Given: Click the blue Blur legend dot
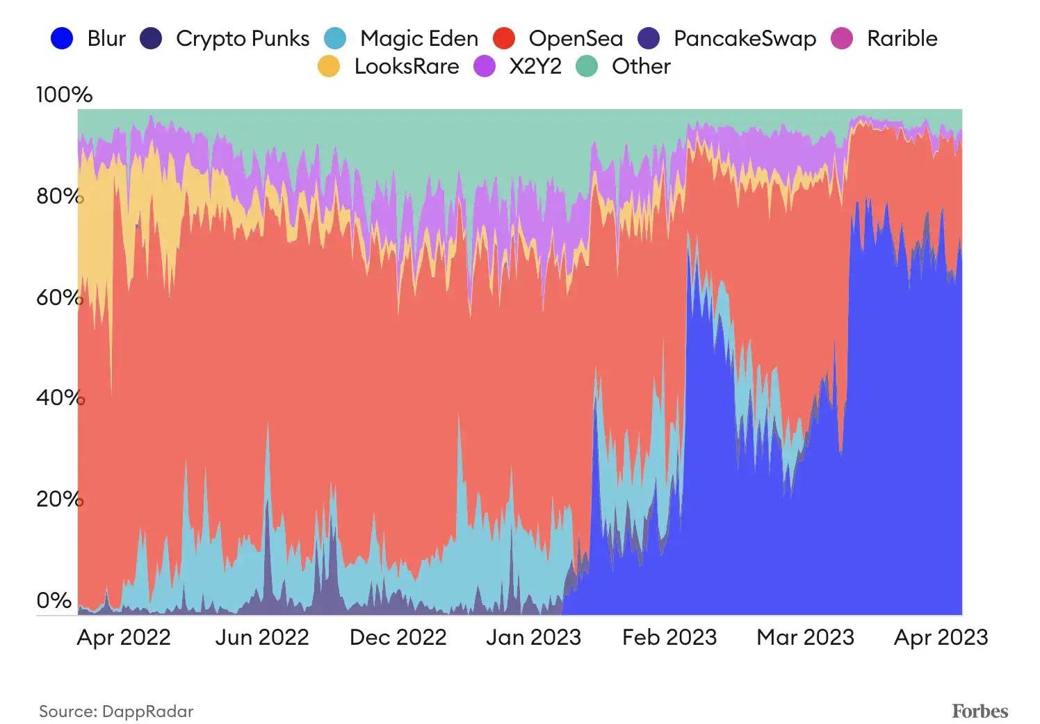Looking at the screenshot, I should point(62,38).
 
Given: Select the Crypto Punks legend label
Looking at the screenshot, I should point(242,38).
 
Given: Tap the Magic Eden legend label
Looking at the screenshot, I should point(419,38).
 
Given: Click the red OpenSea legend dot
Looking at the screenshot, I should point(503,38).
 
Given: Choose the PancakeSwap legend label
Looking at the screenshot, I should point(745,38).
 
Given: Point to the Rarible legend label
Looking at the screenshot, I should point(902,38).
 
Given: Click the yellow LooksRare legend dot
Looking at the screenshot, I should point(329,67).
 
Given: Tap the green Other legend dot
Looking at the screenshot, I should point(587,67).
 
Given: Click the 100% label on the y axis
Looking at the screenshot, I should point(64,94).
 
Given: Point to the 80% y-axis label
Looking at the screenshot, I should point(59,196).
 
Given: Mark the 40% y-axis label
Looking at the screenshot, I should point(59,397).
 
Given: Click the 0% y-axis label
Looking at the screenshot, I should point(54,600).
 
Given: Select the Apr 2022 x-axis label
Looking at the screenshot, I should point(124,637).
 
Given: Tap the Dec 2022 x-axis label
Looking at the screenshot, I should point(398,637).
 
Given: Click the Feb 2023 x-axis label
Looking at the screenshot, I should point(669,637).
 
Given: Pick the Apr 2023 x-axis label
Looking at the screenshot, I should point(941,637).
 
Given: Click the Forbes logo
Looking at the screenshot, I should point(980,711).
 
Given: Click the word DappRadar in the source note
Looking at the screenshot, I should point(147,711).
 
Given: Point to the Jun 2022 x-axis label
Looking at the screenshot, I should point(261,637).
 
